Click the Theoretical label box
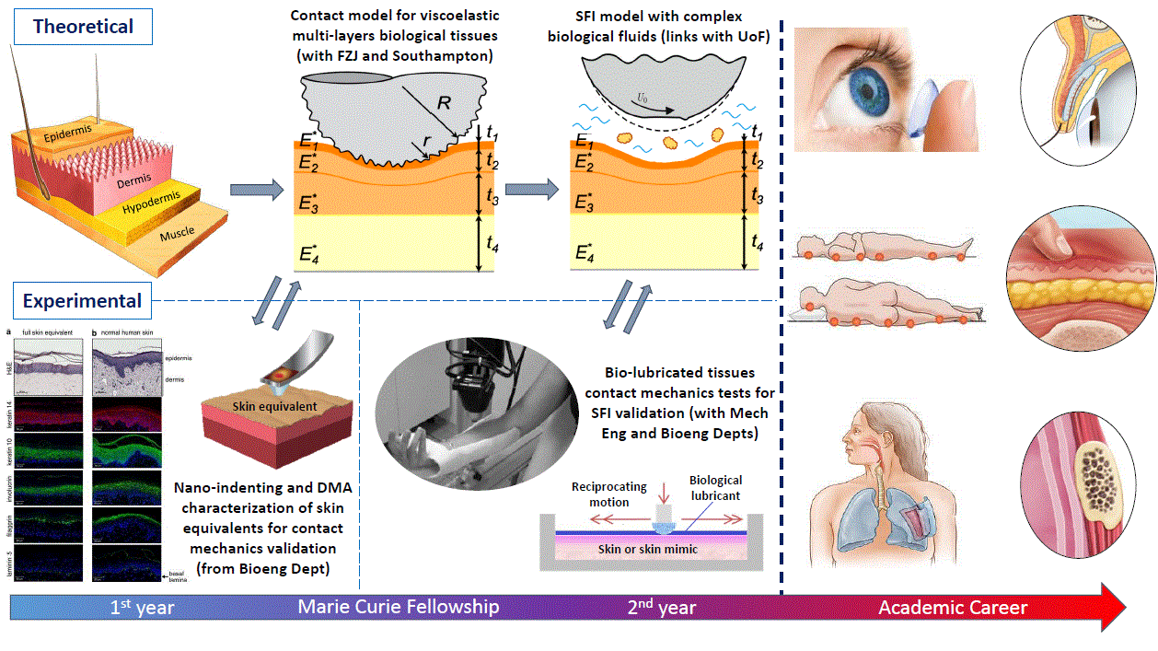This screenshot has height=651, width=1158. [84, 26]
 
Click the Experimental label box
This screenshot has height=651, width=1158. [83, 301]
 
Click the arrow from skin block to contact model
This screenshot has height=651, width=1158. [255, 191]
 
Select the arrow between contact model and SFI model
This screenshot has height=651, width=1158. [531, 191]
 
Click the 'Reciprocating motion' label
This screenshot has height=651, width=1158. [609, 494]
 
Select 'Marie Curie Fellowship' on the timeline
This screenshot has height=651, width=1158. [399, 607]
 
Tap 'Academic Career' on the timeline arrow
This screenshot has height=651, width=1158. [953, 608]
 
